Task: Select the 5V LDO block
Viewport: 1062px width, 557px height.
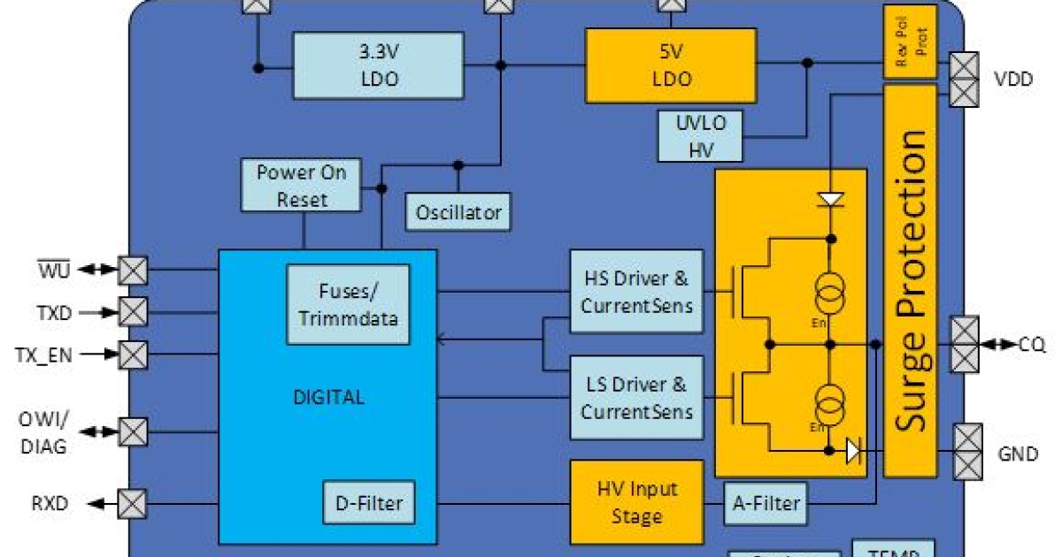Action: (x=670, y=65)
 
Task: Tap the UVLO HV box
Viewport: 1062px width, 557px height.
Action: (x=701, y=136)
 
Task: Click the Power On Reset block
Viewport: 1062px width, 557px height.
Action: (x=301, y=185)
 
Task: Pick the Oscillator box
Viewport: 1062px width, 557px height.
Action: (x=458, y=212)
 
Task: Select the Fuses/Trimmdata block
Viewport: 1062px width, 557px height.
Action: (x=348, y=304)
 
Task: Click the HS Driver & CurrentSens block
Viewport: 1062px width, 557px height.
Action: (x=636, y=292)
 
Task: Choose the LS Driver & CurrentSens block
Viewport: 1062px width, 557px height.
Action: (x=636, y=398)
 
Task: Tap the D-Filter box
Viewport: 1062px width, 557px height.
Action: (x=368, y=503)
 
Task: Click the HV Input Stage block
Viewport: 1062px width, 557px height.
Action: (x=636, y=502)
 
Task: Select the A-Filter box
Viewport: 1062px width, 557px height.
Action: (x=766, y=503)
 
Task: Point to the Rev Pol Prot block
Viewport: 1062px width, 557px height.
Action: (x=910, y=42)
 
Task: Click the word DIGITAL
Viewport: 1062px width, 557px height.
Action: (x=328, y=397)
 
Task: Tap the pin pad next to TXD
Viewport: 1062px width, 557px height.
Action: (x=133, y=311)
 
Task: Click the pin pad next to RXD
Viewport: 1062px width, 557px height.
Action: (x=133, y=504)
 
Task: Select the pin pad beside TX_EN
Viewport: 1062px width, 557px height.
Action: (x=133, y=355)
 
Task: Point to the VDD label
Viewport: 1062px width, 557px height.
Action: (x=1013, y=79)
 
